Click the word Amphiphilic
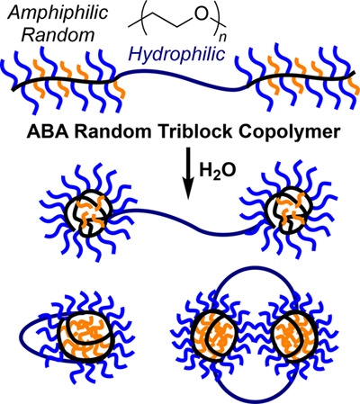[x=58, y=13]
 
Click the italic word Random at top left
[x=58, y=35]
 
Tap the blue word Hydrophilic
[x=176, y=54]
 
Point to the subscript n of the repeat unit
[x=222, y=37]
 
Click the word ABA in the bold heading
[x=45, y=132]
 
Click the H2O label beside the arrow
[x=218, y=171]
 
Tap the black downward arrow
[x=188, y=173]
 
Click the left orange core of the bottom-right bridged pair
[x=215, y=335]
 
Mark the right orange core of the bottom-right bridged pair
[x=294, y=335]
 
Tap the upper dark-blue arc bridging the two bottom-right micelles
[x=255, y=274]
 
